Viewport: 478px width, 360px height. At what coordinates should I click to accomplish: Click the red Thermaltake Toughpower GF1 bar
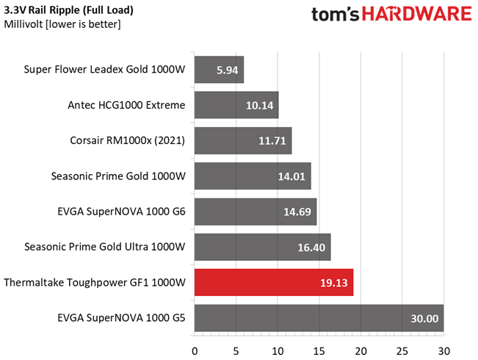[273, 282]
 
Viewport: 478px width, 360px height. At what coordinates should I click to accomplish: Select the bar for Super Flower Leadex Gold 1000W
[219, 70]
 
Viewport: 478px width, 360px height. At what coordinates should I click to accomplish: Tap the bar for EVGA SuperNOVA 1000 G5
[319, 317]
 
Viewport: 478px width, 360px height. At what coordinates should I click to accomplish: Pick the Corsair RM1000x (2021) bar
[242, 140]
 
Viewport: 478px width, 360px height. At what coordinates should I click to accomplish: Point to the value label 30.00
[424, 318]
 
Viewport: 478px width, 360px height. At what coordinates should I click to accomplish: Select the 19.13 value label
[334, 283]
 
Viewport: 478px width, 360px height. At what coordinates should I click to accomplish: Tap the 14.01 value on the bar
[292, 176]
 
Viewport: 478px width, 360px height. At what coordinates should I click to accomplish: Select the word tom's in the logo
[336, 15]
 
